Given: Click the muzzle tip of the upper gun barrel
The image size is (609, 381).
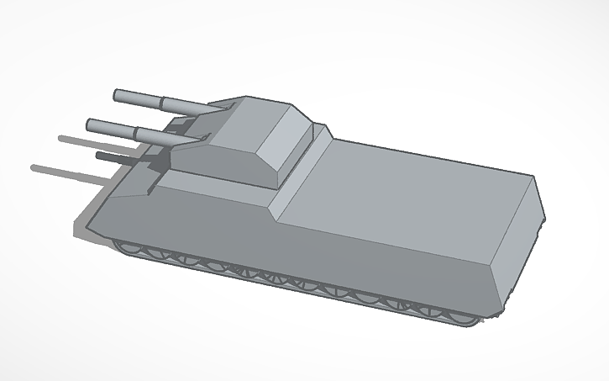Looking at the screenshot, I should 115,94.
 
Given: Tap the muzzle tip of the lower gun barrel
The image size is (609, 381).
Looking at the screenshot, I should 89,125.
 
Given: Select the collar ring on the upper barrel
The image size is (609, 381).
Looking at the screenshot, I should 160,103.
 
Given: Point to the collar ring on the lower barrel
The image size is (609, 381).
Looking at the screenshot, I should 134,132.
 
